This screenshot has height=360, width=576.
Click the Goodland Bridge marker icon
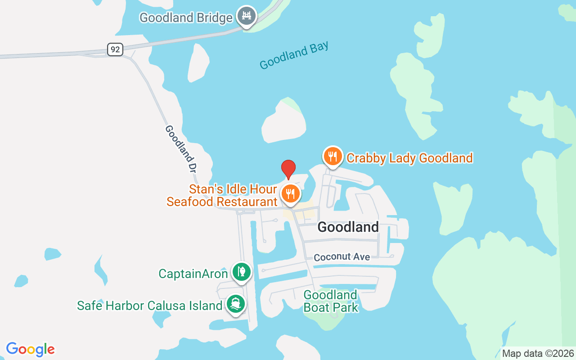point(246,16)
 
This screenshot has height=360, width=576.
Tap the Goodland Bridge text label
point(186,18)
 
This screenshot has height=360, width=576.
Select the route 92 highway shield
point(115,49)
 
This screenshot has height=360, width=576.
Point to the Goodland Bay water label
point(294,55)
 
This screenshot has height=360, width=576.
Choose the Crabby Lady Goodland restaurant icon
point(333,156)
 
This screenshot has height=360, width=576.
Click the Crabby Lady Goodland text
point(409,158)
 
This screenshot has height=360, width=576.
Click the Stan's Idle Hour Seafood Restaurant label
point(222,195)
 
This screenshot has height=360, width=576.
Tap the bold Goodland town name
point(348,227)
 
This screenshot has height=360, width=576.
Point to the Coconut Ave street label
point(342,257)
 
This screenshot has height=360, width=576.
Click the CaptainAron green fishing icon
point(242,271)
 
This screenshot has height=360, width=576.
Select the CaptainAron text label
point(193,274)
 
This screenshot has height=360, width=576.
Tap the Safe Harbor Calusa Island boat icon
point(235,304)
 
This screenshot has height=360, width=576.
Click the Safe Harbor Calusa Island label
point(150,306)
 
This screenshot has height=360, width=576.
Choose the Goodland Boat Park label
point(331,301)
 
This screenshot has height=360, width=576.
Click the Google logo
point(31,349)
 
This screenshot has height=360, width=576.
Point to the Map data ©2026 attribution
point(538,353)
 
